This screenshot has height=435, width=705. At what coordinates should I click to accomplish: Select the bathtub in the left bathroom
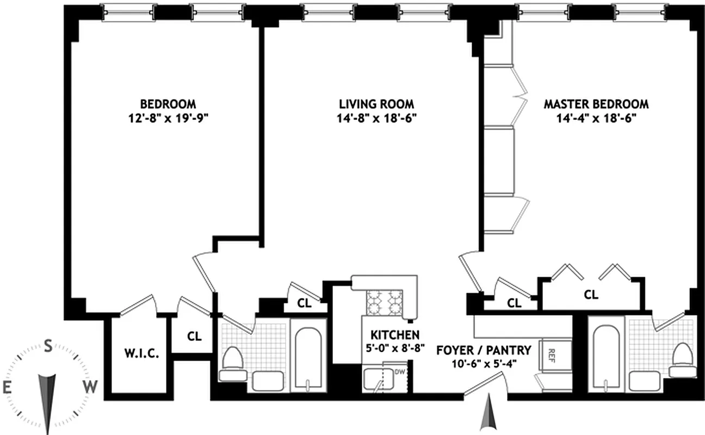coord(308,356)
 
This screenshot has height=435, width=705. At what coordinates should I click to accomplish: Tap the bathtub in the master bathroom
coord(606,356)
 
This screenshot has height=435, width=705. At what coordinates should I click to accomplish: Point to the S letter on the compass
coord(48,346)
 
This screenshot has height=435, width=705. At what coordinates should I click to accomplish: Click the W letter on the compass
coord(90,387)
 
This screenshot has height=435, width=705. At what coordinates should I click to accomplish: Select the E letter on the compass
coord(7,387)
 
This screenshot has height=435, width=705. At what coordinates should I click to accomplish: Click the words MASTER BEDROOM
coord(596,104)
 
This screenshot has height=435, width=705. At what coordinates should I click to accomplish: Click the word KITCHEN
coord(395,334)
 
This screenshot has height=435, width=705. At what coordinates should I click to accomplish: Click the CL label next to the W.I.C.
coord(194,336)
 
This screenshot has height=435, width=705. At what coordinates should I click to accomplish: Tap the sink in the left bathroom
coord(268,380)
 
